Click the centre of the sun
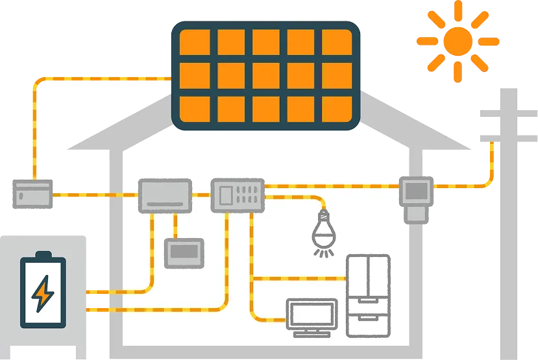(458, 40)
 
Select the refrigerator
(368, 295)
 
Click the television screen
(313, 313)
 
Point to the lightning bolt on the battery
(43, 293)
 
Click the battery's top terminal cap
(43, 254)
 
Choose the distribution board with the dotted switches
(238, 195)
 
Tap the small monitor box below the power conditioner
(184, 253)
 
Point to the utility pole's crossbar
(509, 115)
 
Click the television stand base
(313, 333)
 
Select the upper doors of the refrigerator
(368, 276)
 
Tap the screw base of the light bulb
(323, 215)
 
